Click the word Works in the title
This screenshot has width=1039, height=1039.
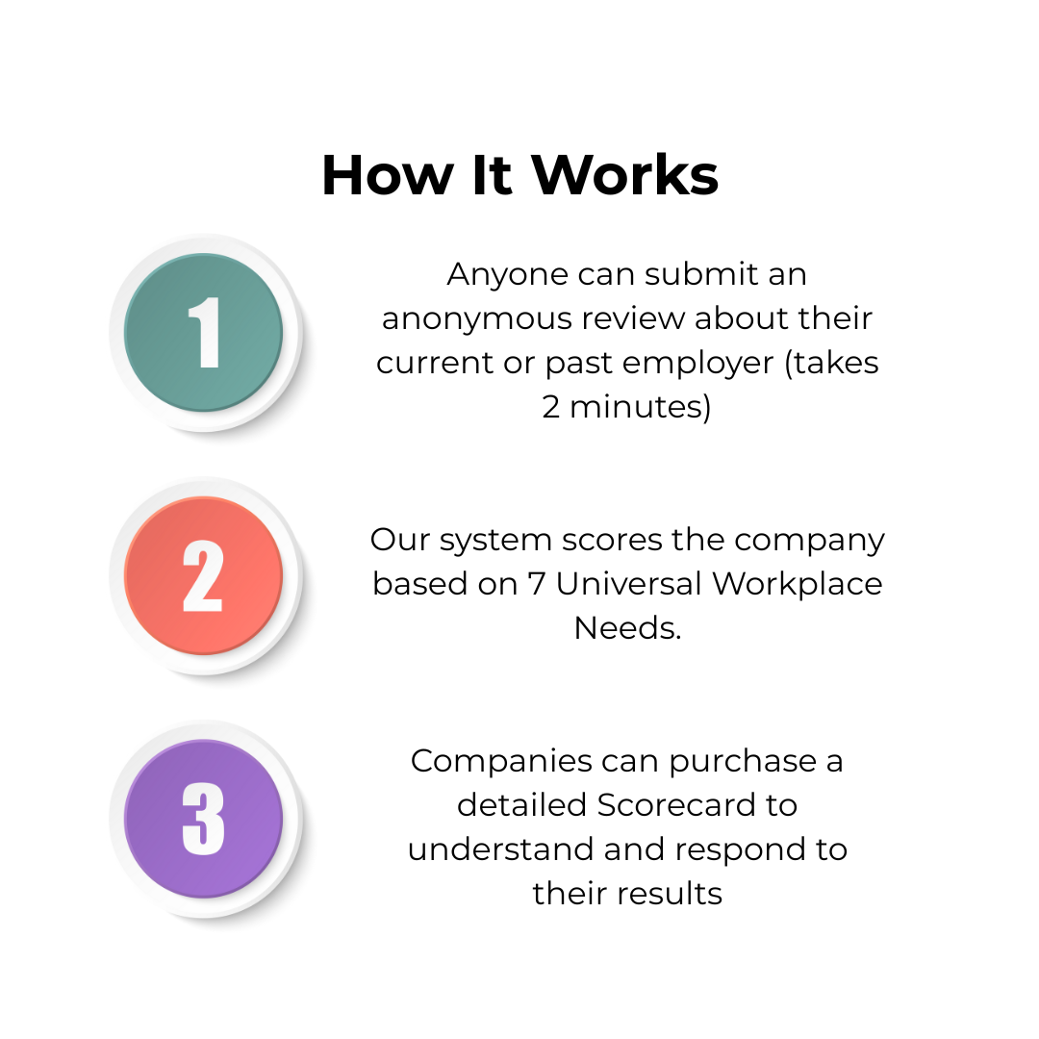[625, 176]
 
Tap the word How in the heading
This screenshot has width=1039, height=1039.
[388, 176]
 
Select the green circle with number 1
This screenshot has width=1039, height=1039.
[203, 333]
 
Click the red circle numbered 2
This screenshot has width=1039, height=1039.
[203, 575]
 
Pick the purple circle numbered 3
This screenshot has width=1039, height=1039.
[203, 819]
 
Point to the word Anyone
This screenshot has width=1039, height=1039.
[507, 275]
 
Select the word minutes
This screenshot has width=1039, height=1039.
[640, 407]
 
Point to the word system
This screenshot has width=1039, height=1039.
[495, 541]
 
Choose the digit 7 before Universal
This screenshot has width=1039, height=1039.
[537, 585]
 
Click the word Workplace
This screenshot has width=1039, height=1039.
[798, 585]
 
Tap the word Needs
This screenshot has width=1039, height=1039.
[627, 628]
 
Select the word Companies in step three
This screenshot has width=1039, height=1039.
[501, 761]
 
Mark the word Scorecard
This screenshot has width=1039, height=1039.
[676, 806]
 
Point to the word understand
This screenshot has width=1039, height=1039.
[500, 849]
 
